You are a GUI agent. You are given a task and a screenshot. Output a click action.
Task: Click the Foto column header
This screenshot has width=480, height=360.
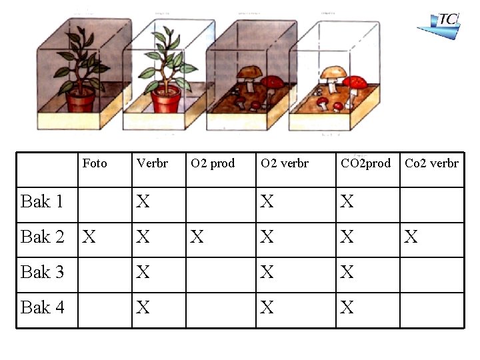(x=95, y=163)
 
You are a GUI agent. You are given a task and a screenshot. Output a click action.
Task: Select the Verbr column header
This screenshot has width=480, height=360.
(x=152, y=163)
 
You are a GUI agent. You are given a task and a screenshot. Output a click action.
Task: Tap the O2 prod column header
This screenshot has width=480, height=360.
(x=213, y=163)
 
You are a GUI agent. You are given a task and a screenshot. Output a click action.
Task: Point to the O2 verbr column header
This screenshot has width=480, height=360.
(x=285, y=163)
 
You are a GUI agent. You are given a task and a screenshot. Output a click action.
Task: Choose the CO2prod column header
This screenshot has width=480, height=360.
(x=366, y=163)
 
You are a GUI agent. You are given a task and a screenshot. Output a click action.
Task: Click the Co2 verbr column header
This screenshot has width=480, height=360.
(x=431, y=163)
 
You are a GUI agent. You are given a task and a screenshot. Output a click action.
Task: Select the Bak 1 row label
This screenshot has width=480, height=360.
(x=42, y=201)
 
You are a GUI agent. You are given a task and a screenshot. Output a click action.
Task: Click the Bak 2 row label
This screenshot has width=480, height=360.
(x=42, y=237)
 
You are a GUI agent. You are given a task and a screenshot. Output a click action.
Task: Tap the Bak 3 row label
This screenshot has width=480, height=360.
(x=42, y=272)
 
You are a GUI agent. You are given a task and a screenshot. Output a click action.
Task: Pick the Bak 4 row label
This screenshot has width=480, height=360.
(x=42, y=307)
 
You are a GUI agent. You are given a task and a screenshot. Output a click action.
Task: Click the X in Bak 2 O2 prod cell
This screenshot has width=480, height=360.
(x=197, y=237)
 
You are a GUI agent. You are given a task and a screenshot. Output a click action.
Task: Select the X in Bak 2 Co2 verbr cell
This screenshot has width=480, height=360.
(x=411, y=237)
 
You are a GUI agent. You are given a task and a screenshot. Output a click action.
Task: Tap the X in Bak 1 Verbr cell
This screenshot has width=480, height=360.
(x=143, y=201)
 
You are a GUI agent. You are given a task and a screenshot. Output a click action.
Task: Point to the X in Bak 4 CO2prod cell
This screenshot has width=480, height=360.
(x=347, y=307)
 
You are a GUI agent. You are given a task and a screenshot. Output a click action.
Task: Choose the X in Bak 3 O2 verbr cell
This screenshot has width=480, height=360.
(x=267, y=272)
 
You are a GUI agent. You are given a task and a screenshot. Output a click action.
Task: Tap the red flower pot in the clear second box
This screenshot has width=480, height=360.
(x=165, y=101)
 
